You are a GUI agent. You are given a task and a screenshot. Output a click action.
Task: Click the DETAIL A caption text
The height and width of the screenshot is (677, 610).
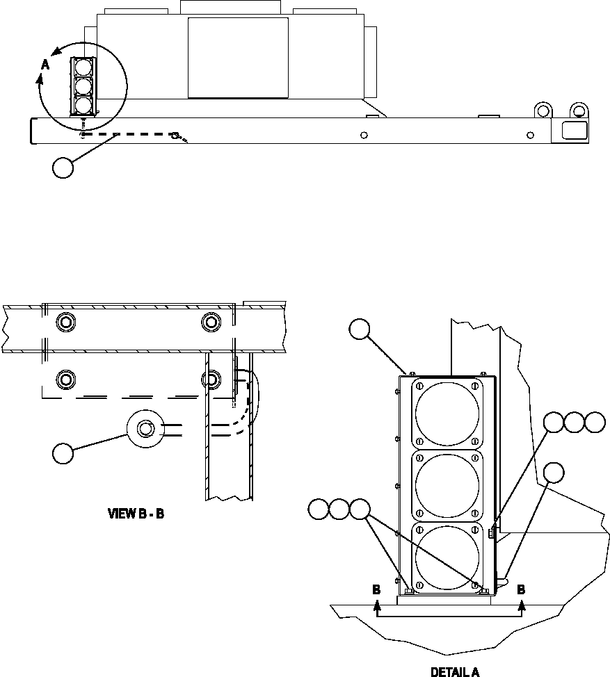point(455,671)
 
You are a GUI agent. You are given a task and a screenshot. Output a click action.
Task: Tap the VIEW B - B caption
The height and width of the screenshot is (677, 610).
point(136,514)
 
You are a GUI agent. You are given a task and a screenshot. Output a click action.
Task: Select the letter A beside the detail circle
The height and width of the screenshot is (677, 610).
point(45,64)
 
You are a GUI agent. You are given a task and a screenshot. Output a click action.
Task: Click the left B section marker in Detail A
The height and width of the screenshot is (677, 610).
point(376,589)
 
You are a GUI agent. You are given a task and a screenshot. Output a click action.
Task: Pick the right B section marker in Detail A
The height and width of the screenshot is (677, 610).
point(521,589)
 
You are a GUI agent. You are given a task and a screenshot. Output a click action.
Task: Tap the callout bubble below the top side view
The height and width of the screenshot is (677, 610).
point(63,168)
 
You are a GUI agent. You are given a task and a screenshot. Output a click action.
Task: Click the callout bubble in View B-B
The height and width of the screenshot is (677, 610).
point(63,453)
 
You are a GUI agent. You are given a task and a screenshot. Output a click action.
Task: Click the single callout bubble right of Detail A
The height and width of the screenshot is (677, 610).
point(554,473)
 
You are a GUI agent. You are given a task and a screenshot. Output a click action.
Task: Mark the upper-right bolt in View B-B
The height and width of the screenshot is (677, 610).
point(211,322)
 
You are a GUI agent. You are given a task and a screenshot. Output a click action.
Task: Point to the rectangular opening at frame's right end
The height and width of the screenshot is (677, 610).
point(572,129)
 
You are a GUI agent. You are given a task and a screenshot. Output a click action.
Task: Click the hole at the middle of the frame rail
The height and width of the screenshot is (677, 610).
point(364,135)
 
